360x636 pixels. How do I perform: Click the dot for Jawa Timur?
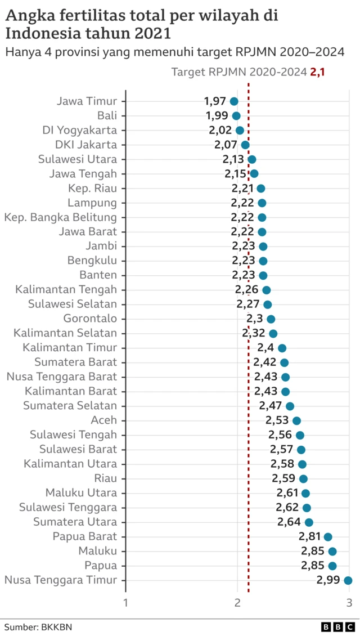[x=234, y=101]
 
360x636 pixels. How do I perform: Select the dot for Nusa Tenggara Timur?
[x=348, y=580]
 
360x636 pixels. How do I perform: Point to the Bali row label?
[x=107, y=116]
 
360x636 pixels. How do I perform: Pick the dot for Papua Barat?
[x=328, y=537]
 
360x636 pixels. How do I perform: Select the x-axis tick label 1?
[x=125, y=603]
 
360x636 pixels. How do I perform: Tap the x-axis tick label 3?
[x=349, y=603]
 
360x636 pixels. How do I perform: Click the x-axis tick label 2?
[x=237, y=603]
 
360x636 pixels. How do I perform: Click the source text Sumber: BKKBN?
[x=38, y=626]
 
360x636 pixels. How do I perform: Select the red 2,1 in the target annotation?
[x=317, y=71]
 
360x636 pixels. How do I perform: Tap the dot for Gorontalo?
[x=271, y=319]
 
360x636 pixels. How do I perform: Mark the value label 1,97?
[x=215, y=101]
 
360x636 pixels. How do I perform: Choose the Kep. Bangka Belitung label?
[x=61, y=217]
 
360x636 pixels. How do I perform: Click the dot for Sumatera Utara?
[x=309, y=522]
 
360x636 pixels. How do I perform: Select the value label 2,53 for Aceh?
[x=277, y=420]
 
